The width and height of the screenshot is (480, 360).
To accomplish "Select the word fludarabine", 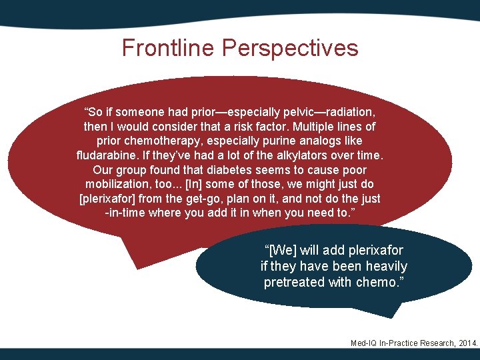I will pos(107,155).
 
